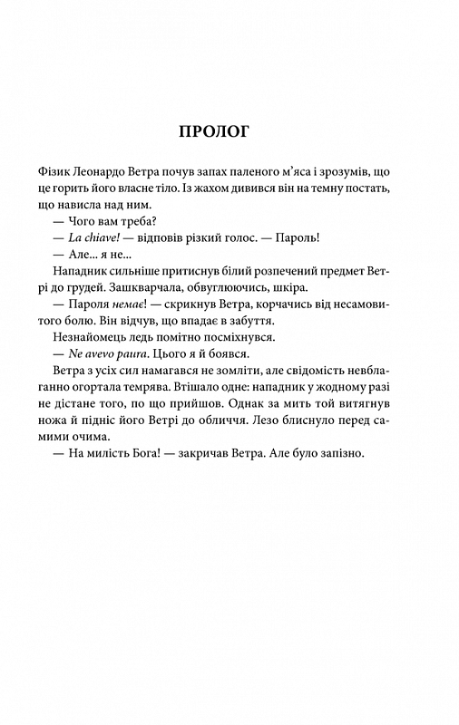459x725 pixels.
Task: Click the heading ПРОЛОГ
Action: (x=229, y=131)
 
